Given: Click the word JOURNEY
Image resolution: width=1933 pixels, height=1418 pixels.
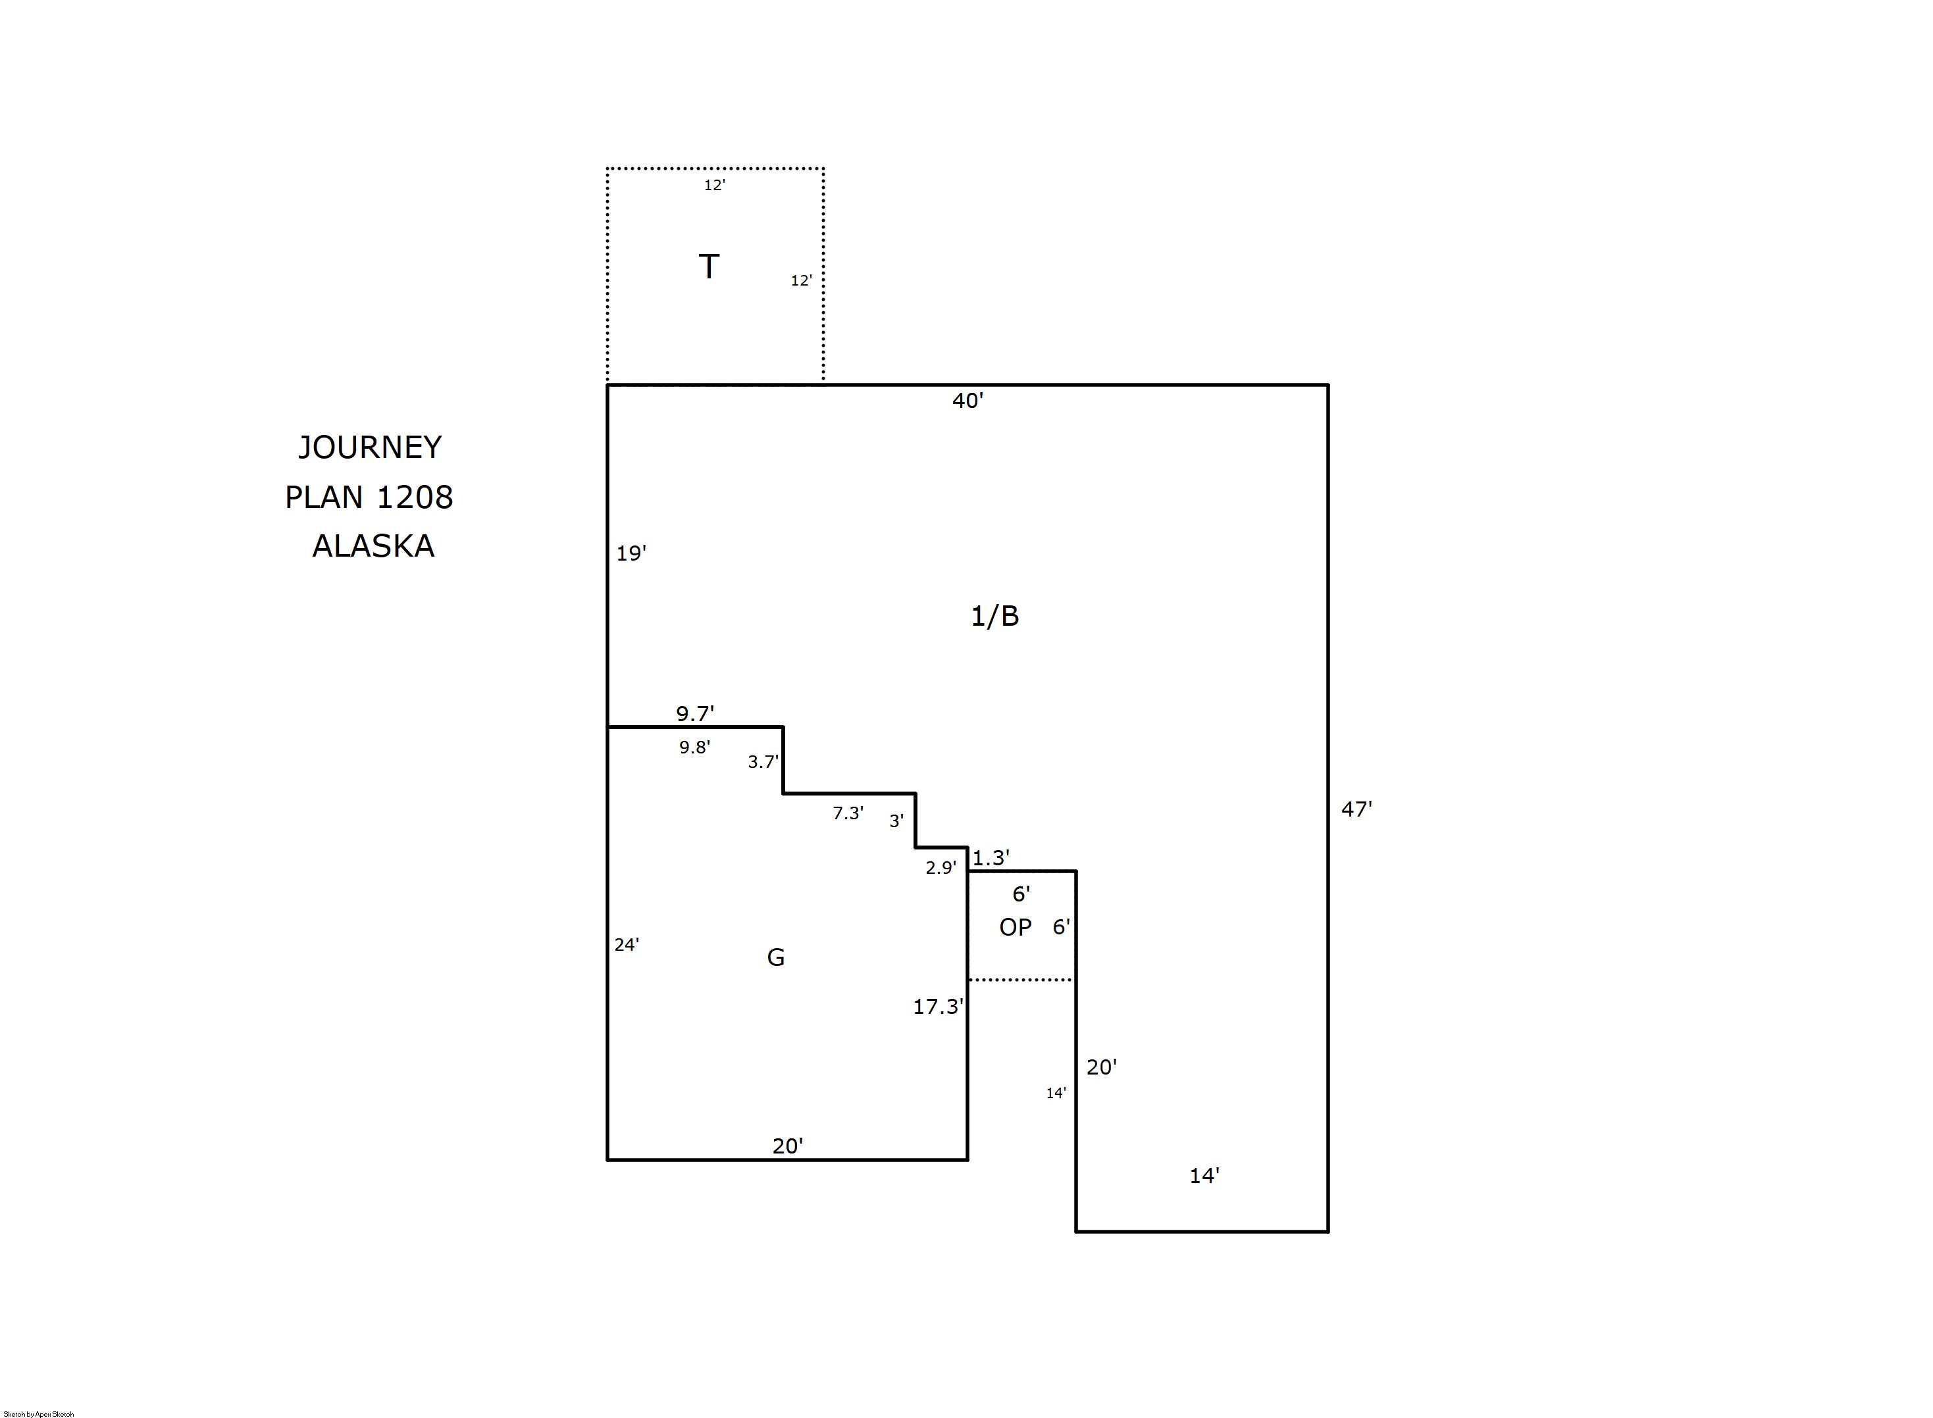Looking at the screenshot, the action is (x=370, y=447).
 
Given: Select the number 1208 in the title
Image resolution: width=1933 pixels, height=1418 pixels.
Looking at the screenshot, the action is (x=415, y=497).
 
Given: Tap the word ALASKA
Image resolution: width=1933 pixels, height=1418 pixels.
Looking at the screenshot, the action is (x=373, y=546).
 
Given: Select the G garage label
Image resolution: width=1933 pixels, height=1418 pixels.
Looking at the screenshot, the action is (x=776, y=957).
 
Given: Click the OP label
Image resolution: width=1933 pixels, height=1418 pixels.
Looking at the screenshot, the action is (x=1016, y=927).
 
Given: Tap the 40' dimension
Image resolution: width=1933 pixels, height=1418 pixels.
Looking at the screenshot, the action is (x=967, y=401).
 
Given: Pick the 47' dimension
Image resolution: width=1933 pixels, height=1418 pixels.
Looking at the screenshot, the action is (x=1356, y=809).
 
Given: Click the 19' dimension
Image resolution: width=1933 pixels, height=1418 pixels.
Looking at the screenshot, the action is (x=631, y=553).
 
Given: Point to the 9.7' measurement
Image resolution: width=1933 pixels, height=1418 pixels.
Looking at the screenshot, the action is (x=695, y=713).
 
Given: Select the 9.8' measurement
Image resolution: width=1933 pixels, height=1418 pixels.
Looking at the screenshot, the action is (x=694, y=747).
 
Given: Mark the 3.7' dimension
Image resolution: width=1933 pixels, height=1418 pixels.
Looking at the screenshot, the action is (x=763, y=761).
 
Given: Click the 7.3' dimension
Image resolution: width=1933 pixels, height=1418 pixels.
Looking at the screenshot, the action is (x=848, y=813).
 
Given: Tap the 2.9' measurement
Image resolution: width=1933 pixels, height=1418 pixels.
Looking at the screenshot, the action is (x=941, y=868).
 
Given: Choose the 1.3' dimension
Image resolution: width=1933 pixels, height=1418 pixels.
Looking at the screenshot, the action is (x=991, y=857).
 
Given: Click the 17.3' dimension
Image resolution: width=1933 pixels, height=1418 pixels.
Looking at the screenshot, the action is (x=938, y=1006).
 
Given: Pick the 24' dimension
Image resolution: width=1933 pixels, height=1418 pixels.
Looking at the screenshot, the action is (x=627, y=944).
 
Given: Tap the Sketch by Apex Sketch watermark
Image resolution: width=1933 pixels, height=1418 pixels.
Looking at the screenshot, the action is (x=39, y=1413).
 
